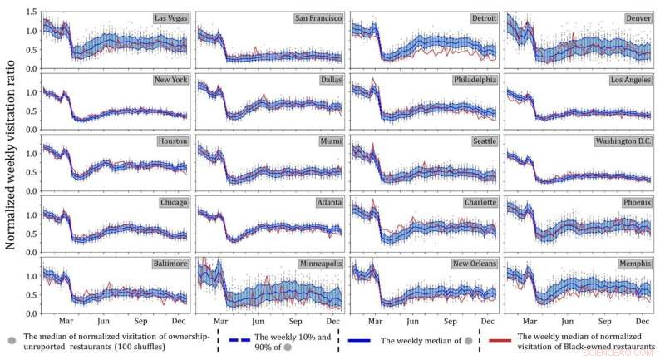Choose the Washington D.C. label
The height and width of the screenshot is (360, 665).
[x=624, y=141]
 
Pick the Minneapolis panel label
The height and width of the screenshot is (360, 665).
[x=320, y=264]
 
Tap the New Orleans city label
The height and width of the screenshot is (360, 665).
[x=473, y=264]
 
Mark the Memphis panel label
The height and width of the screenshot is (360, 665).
[x=634, y=264]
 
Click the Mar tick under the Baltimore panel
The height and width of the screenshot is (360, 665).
[x=65, y=321]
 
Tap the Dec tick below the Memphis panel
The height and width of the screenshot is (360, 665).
[x=643, y=321]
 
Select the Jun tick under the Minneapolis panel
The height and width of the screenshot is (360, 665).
[x=258, y=321]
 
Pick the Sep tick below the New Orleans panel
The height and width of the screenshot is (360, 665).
[x=450, y=321]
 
